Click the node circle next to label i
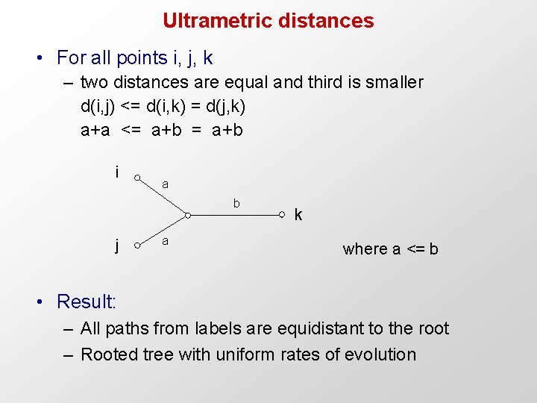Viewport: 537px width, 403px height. [x=138, y=177]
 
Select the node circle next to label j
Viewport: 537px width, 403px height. [x=138, y=246]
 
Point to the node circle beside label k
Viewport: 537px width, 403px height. [x=282, y=216]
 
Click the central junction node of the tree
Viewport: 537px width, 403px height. [x=188, y=216]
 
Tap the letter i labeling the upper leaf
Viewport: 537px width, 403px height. [x=118, y=172]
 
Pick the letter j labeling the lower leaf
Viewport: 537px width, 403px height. [x=118, y=244]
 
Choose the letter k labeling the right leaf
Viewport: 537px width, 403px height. [x=298, y=216]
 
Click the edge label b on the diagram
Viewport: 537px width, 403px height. [x=236, y=203]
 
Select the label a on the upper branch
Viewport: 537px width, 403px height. [x=166, y=184]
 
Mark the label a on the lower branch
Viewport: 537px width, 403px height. [x=166, y=240]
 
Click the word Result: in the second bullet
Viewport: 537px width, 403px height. [x=87, y=302]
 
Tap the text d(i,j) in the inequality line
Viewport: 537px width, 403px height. [x=97, y=106]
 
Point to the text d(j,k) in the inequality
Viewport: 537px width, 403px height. [x=224, y=106]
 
